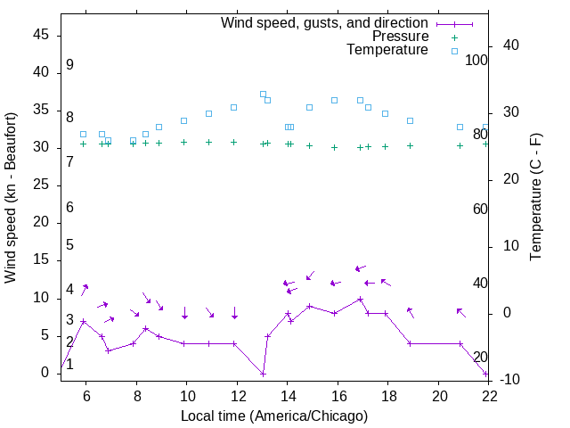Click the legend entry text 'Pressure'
[x=400, y=37]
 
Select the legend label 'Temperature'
[x=387, y=50]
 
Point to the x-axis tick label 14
[x=287, y=397]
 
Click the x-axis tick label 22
[x=488, y=397]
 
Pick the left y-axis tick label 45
[x=41, y=35]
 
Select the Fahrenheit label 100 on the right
[x=476, y=61]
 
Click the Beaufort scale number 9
[x=69, y=65]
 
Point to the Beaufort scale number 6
[x=69, y=208]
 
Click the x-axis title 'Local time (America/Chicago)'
[x=274, y=416]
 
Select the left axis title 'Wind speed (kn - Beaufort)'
[x=11, y=198]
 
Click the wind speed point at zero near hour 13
[x=264, y=374]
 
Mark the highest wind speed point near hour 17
[x=360, y=299]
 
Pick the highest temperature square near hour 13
[x=263, y=94]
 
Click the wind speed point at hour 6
[x=84, y=321]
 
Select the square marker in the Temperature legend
[x=454, y=51]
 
